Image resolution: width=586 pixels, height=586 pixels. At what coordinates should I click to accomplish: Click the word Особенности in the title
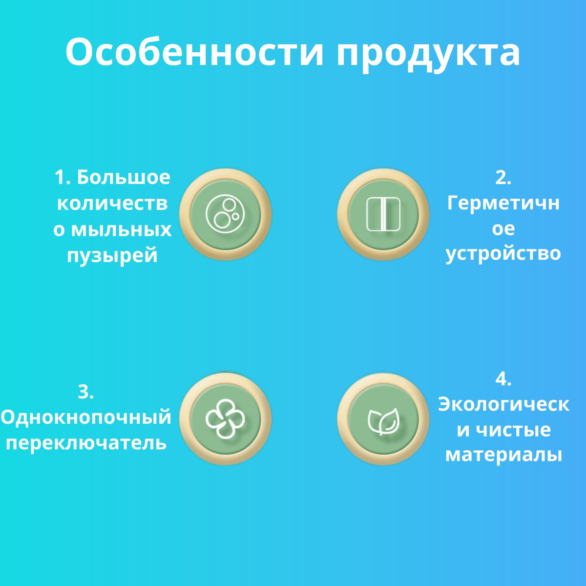coord(194,52)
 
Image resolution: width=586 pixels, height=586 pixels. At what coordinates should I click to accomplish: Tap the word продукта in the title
coord(429,55)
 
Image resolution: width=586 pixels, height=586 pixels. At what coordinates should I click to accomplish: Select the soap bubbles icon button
coord(225,214)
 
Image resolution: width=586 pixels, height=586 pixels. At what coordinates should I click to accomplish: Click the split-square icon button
coord(383,214)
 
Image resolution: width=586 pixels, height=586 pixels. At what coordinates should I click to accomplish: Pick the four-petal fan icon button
coord(225,419)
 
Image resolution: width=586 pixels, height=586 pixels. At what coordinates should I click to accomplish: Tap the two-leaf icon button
coord(383,419)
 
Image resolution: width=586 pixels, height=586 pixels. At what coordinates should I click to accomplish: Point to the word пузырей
coord(112,255)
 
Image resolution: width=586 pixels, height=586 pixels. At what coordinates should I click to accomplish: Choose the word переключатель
coord(86,443)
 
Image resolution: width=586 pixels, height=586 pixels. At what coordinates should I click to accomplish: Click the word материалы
coord(503,455)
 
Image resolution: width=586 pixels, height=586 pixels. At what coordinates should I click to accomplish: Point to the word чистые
coord(513,430)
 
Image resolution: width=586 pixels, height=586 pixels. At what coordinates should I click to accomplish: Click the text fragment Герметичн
coord(503,204)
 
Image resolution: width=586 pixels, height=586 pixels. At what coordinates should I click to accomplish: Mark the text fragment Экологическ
coord(503,404)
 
